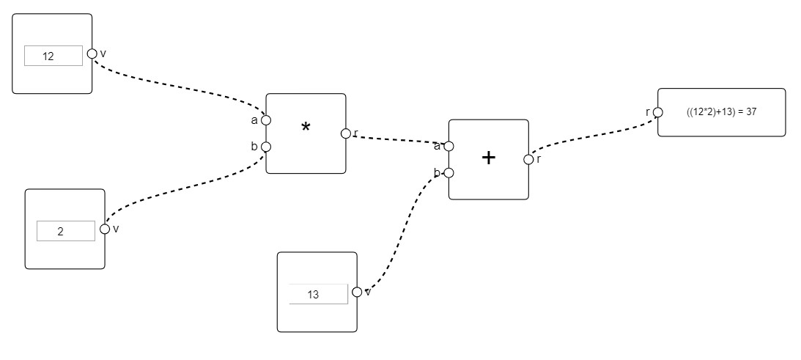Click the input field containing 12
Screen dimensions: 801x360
[53, 56]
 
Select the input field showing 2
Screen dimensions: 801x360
[65, 231]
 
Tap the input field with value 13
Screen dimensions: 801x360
[317, 294]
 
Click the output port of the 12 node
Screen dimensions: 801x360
[92, 54]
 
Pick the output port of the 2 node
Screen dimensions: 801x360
[105, 229]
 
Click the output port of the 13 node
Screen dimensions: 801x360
[357, 292]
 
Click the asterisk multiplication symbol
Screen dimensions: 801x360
[306, 128]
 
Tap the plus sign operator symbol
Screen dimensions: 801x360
[489, 158]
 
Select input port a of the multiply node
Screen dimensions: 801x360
[266, 120]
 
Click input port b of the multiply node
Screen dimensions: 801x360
[266, 147]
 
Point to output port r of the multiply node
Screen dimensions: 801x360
[345, 133]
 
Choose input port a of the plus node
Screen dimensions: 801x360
[449, 146]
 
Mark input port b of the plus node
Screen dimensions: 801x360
[449, 173]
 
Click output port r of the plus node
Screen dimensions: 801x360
[528, 159]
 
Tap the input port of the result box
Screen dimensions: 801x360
[657, 112]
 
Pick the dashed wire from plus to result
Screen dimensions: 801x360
[594, 133]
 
